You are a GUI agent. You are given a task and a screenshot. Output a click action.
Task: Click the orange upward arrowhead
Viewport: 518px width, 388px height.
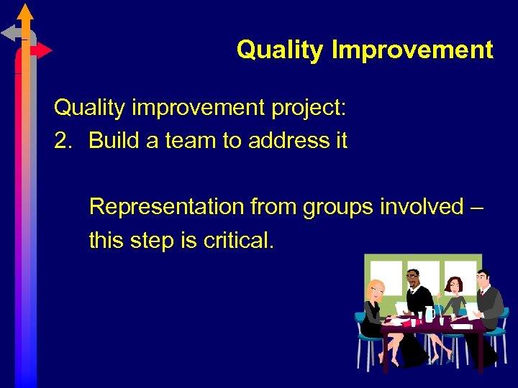pyautogui.click(x=25, y=12)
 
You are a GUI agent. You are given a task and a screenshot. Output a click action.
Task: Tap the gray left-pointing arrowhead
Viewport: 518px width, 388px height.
pyautogui.click(x=9, y=32)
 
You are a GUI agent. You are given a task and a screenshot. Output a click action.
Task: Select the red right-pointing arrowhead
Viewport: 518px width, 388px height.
pyautogui.click(x=43, y=50)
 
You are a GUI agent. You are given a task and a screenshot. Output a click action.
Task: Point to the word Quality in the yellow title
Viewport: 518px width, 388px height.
pyautogui.click(x=281, y=50)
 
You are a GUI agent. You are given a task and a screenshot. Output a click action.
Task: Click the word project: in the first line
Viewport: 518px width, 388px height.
pyautogui.click(x=308, y=108)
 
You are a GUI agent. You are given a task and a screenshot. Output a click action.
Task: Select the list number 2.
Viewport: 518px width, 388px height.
pyautogui.click(x=63, y=140)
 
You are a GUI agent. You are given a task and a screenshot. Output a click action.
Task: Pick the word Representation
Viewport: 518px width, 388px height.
pyautogui.click(x=166, y=207)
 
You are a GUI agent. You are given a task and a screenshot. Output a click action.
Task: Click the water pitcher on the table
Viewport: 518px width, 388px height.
pyautogui.click(x=430, y=313)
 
